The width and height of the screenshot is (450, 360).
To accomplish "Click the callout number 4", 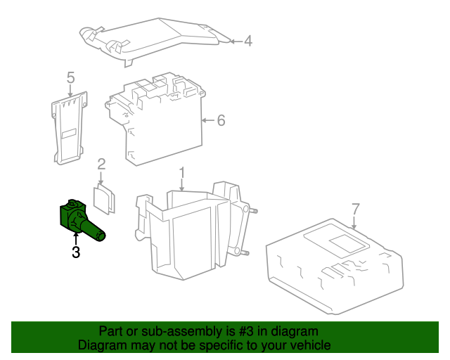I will (x=247, y=41).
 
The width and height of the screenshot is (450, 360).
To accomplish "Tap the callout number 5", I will (x=70, y=77).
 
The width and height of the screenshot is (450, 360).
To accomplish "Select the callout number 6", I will (x=221, y=121).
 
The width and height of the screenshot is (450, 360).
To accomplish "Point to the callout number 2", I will (x=101, y=165).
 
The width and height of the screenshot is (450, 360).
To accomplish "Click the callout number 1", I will (x=181, y=172).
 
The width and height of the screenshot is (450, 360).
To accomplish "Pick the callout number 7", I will (x=355, y=209).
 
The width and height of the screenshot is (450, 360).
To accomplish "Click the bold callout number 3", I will (x=75, y=252).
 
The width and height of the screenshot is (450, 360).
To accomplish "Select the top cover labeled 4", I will (x=155, y=39).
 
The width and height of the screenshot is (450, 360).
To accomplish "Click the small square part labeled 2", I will (x=105, y=198).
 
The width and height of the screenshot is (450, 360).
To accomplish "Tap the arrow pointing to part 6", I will (x=207, y=121).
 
